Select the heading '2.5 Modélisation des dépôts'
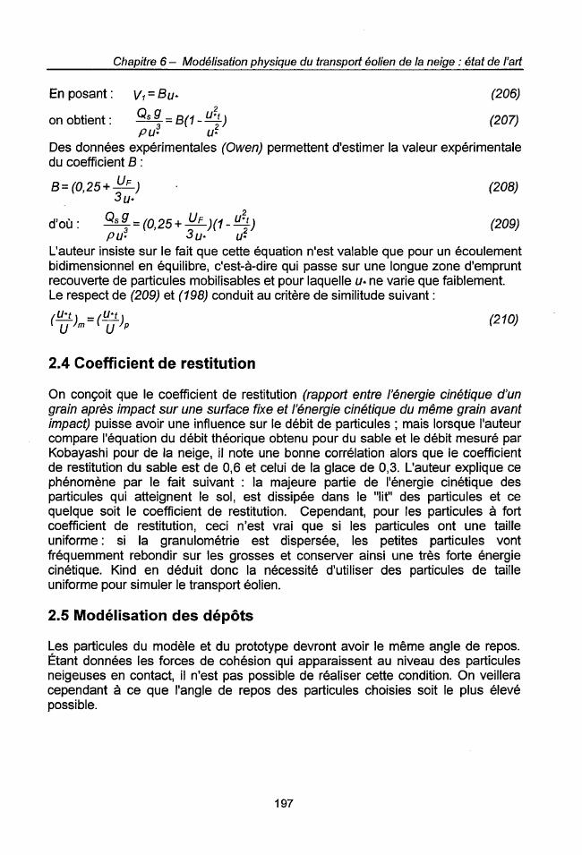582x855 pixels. tap(146, 618)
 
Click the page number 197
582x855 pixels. tap(283, 803)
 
